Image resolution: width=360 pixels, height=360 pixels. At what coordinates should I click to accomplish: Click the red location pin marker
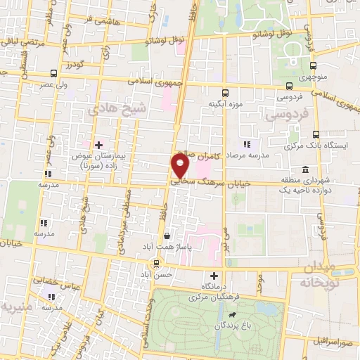(x=180, y=166)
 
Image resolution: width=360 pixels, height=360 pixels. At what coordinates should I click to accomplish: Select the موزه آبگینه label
(x=225, y=103)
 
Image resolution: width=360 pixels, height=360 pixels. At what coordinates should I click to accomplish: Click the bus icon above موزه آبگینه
(x=225, y=93)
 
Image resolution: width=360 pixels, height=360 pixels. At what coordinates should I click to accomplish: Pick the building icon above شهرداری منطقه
(x=304, y=170)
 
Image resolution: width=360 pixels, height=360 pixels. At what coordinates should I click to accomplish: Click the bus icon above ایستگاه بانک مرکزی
(x=315, y=134)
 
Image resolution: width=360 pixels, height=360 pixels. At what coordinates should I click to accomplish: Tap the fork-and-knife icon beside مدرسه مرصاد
(x=247, y=144)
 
